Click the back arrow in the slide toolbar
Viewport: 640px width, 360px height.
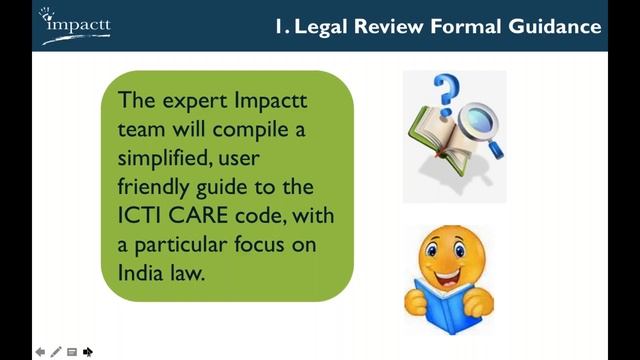click(41, 352)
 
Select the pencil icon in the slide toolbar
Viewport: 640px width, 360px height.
click(57, 352)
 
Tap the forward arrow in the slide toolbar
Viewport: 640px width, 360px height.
click(88, 352)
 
